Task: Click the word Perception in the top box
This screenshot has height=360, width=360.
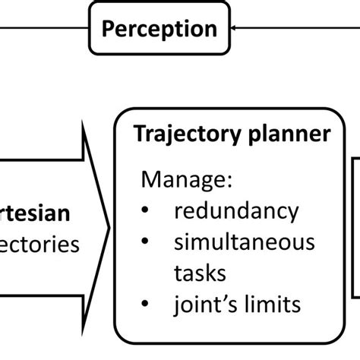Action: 159,30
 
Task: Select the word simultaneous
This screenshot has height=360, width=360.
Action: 244,242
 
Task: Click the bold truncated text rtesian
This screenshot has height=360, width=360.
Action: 36,213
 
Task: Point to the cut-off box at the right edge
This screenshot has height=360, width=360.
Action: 355,228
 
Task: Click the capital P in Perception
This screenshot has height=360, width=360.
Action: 109,29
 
